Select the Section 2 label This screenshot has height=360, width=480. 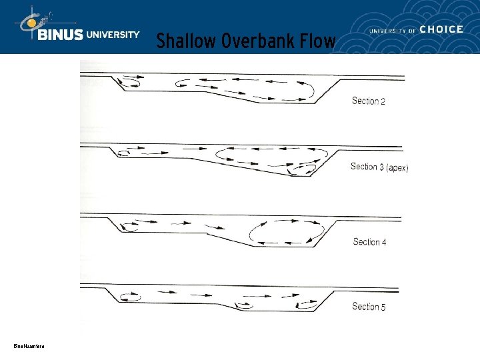pos(369,101)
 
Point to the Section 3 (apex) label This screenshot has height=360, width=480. pos(379,167)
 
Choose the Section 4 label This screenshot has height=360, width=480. pos(369,242)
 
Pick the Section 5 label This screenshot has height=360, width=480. pos(369,307)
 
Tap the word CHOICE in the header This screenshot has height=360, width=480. pos(441,29)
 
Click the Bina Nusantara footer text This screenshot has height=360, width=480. pos(29,345)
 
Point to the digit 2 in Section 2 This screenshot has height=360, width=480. pos(383,101)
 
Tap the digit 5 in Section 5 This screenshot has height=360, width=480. pos(383,307)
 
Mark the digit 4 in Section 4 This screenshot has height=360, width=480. pos(383,242)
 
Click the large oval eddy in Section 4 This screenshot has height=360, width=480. pos(286,233)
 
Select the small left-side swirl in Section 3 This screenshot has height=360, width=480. pos(123,153)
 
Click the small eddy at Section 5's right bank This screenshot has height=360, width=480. pos(308,303)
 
